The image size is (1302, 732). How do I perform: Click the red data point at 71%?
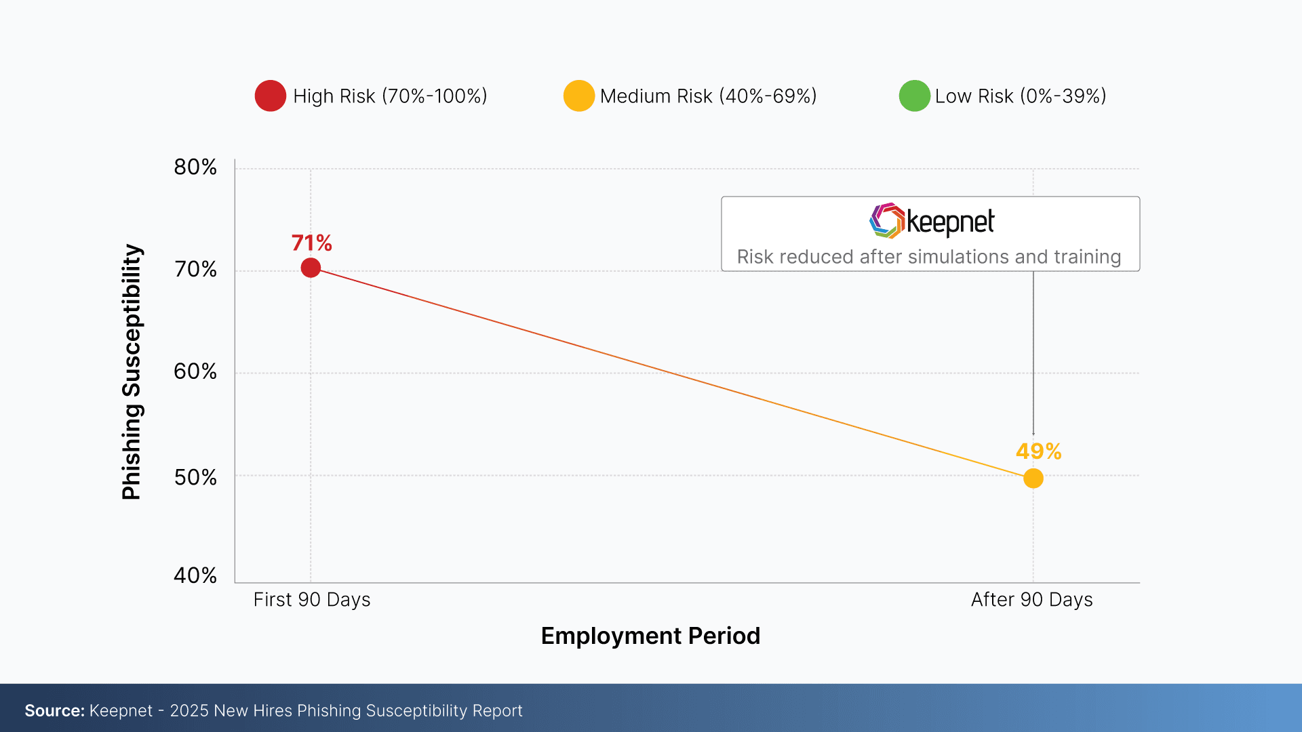pyautogui.click(x=311, y=268)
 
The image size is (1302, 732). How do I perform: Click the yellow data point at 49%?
pyautogui.click(x=1033, y=479)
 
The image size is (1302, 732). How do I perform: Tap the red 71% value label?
pyautogui.click(x=311, y=243)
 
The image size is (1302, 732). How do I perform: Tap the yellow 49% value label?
pyautogui.click(x=1038, y=451)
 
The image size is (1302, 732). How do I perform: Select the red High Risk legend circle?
pyautogui.click(x=271, y=96)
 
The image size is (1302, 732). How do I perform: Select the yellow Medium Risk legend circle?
pyautogui.click(x=578, y=96)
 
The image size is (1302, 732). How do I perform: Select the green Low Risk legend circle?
pyautogui.click(x=914, y=96)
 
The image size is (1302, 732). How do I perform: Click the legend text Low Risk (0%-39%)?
pyautogui.click(x=1021, y=96)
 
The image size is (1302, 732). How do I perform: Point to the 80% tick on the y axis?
pyautogui.click(x=195, y=167)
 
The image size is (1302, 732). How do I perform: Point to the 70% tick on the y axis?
pyautogui.click(x=195, y=270)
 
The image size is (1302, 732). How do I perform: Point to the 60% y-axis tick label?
pyautogui.click(x=195, y=371)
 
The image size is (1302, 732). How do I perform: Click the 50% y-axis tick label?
pyautogui.click(x=195, y=478)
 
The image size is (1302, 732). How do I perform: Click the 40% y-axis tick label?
pyautogui.click(x=195, y=575)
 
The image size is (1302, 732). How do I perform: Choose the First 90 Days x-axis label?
pyautogui.click(x=312, y=600)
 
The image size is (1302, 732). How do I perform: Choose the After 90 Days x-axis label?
pyautogui.click(x=1031, y=600)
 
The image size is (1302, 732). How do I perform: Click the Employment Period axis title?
pyautogui.click(x=650, y=636)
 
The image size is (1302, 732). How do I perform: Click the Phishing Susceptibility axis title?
pyautogui.click(x=131, y=372)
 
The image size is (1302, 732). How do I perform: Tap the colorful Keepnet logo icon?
pyautogui.click(x=887, y=221)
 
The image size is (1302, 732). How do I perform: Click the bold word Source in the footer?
pyautogui.click(x=54, y=710)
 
